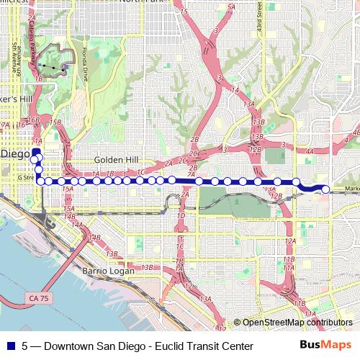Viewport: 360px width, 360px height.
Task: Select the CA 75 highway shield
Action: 40,297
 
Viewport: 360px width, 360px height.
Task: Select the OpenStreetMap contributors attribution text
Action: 297,323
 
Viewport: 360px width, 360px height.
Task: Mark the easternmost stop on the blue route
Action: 325,189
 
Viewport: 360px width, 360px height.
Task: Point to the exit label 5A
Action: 231,6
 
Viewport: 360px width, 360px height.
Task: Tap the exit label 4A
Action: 310,151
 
